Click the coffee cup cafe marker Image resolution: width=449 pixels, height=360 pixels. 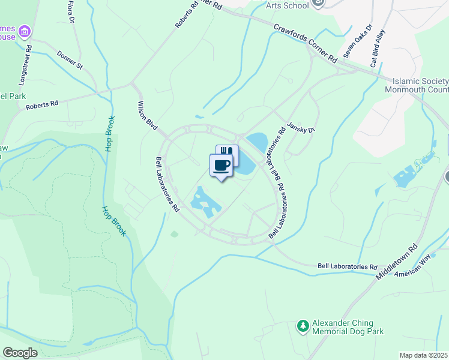[221, 165]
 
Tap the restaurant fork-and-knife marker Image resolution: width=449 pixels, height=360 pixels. [228, 153]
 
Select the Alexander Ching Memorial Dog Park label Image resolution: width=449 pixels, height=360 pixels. [347, 326]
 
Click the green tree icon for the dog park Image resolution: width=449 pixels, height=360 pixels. [303, 326]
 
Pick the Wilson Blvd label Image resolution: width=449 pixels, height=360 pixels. [148, 116]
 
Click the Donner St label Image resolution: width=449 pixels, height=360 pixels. [70, 60]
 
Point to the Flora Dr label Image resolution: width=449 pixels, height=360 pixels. [71, 11]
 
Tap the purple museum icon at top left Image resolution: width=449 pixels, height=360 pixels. [24, 31]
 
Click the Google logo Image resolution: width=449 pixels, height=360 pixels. [20, 353]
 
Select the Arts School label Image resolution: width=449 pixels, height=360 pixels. [288, 5]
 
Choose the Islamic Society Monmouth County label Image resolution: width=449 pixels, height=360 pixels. [420, 85]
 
